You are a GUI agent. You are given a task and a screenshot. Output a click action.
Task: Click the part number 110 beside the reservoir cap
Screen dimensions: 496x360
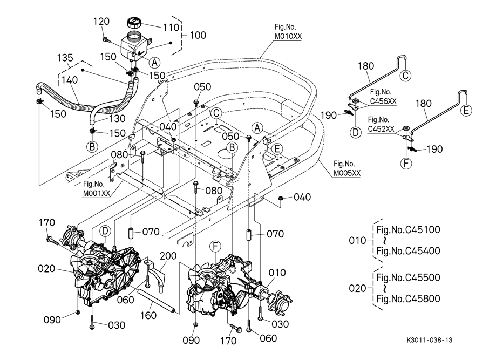(x=171, y=28)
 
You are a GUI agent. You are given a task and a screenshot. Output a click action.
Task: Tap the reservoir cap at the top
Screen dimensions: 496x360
(x=134, y=23)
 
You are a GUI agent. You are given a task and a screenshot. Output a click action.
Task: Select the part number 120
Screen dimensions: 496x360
(x=101, y=21)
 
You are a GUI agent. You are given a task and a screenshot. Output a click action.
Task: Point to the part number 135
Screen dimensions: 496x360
(x=65, y=58)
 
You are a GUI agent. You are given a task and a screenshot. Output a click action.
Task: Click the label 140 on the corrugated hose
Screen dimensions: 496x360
(x=70, y=80)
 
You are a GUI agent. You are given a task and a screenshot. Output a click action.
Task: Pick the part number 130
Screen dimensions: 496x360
(x=117, y=118)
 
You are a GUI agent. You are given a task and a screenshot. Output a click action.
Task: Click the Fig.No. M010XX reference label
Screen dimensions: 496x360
(x=288, y=32)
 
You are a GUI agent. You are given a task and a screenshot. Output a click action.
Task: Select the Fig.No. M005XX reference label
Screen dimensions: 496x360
(x=347, y=168)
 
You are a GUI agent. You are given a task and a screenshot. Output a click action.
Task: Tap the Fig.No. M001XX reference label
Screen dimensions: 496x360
(x=96, y=188)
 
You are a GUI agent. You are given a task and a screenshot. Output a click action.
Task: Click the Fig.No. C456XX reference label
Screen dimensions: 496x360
(x=383, y=97)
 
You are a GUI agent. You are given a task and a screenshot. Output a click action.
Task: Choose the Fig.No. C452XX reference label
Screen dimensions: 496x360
(x=381, y=124)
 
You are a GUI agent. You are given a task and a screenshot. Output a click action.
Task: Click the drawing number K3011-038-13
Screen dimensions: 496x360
(x=430, y=340)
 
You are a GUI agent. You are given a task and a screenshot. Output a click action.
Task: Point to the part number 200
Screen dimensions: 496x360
(x=168, y=256)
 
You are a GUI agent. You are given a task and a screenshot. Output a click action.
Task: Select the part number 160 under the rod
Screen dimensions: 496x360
(x=148, y=315)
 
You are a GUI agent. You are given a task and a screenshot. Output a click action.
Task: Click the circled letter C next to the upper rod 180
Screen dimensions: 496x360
(x=405, y=76)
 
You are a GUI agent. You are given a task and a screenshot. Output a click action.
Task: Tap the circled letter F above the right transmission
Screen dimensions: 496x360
(x=215, y=247)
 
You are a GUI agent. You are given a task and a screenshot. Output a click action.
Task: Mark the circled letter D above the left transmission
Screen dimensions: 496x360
(x=105, y=231)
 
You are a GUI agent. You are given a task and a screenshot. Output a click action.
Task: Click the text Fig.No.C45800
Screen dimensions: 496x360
(x=408, y=298)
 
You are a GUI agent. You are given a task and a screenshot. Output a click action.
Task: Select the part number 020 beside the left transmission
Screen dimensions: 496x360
(x=46, y=269)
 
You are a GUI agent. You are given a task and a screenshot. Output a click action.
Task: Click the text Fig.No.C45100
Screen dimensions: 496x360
(x=408, y=229)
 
